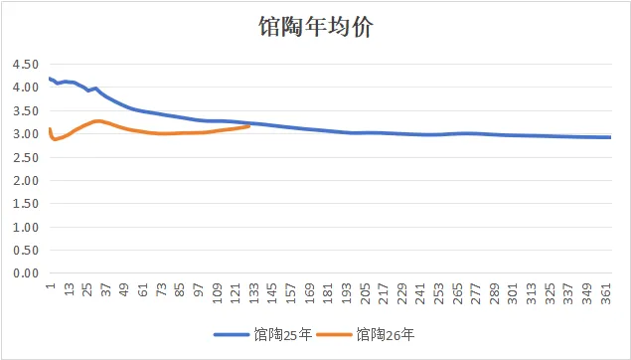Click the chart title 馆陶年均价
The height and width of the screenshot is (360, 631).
point(316,27)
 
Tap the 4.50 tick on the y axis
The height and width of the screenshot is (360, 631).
point(26,64)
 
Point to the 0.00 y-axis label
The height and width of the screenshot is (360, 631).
point(26,273)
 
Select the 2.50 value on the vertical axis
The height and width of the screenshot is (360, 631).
point(26,157)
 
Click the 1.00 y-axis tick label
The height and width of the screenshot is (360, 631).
point(26,227)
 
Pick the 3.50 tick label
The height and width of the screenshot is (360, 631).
point(26,110)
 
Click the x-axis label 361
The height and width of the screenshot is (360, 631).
point(606,294)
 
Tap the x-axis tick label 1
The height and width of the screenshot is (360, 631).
point(50,285)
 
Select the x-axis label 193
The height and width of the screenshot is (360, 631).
point(347,294)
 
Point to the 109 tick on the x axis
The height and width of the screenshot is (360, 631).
point(217,294)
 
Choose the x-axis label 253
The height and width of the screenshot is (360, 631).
point(439,294)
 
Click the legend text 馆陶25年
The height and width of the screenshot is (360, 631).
point(283,334)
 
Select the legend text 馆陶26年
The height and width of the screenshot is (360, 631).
point(386,334)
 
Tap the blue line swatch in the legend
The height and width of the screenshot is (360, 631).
point(232,334)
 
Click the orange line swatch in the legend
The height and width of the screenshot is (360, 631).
point(334,334)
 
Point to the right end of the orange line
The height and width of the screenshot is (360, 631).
point(249,126)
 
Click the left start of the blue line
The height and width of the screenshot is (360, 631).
point(50,79)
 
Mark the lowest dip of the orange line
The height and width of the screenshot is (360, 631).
point(55,139)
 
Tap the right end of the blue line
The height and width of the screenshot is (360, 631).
point(610,137)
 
